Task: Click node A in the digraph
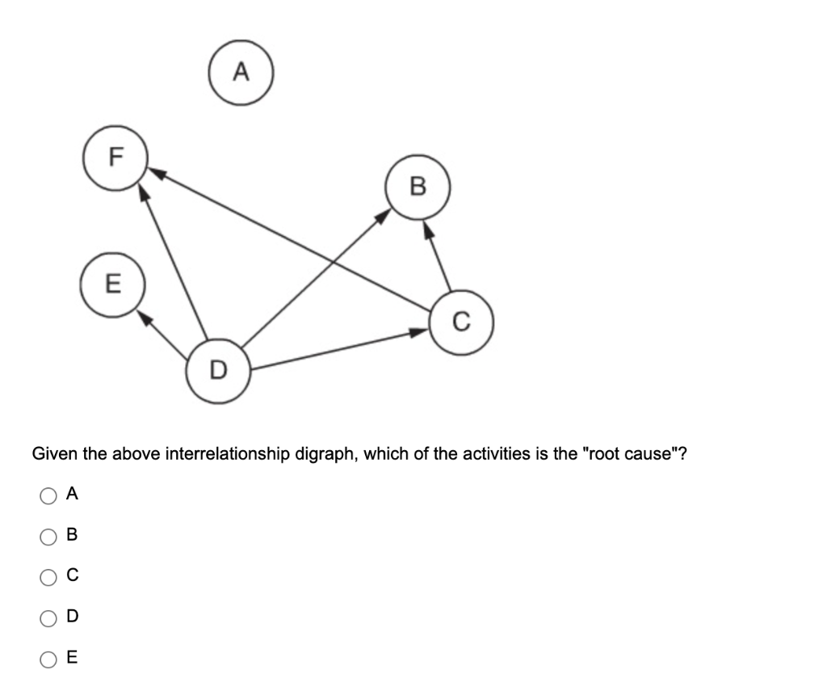pos(241,74)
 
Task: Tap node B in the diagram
pos(417,187)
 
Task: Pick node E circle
pos(113,284)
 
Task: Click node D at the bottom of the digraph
pos(218,371)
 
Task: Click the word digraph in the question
pos(324,453)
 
